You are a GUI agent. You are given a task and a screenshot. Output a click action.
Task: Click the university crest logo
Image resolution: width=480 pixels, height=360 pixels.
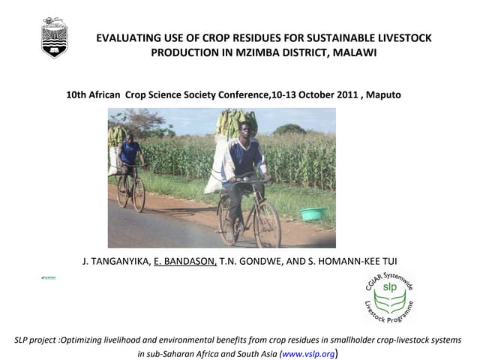point(54,37)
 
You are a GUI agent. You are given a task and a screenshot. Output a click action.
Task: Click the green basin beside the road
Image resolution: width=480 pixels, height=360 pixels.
point(313,214)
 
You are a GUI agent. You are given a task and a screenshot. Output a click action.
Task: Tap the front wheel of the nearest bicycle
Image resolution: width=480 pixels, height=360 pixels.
point(268,224)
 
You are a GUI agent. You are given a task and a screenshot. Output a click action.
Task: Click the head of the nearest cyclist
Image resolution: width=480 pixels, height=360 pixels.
point(244,128)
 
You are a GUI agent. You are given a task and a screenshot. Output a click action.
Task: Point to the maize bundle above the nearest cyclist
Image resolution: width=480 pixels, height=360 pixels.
point(237,121)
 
